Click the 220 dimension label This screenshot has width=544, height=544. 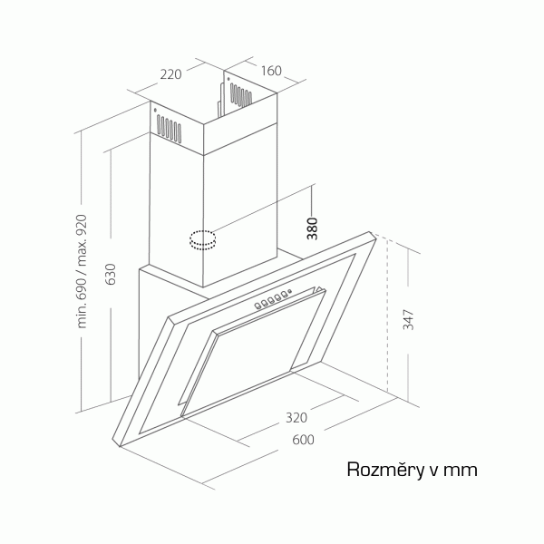coord(170,74)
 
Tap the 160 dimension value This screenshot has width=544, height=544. coord(271,71)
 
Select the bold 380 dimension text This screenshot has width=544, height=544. coord(312,228)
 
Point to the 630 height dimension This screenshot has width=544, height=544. coord(111,274)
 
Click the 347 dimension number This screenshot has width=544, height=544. coord(408,319)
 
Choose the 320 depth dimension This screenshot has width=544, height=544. coord(296,417)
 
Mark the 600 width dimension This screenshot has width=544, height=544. coord(303,440)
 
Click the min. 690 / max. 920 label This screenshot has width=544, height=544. coord(82,271)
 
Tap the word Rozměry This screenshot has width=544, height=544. coord(386,470)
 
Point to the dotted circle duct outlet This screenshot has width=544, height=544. coord(202,239)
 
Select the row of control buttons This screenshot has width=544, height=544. coord(272,300)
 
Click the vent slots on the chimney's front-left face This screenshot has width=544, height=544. coord(169,129)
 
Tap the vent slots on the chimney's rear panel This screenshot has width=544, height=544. coord(241,94)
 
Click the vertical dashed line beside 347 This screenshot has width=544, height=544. coord(387,316)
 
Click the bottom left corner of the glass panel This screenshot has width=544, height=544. coord(119,446)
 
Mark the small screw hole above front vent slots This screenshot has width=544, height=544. coord(155,111)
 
